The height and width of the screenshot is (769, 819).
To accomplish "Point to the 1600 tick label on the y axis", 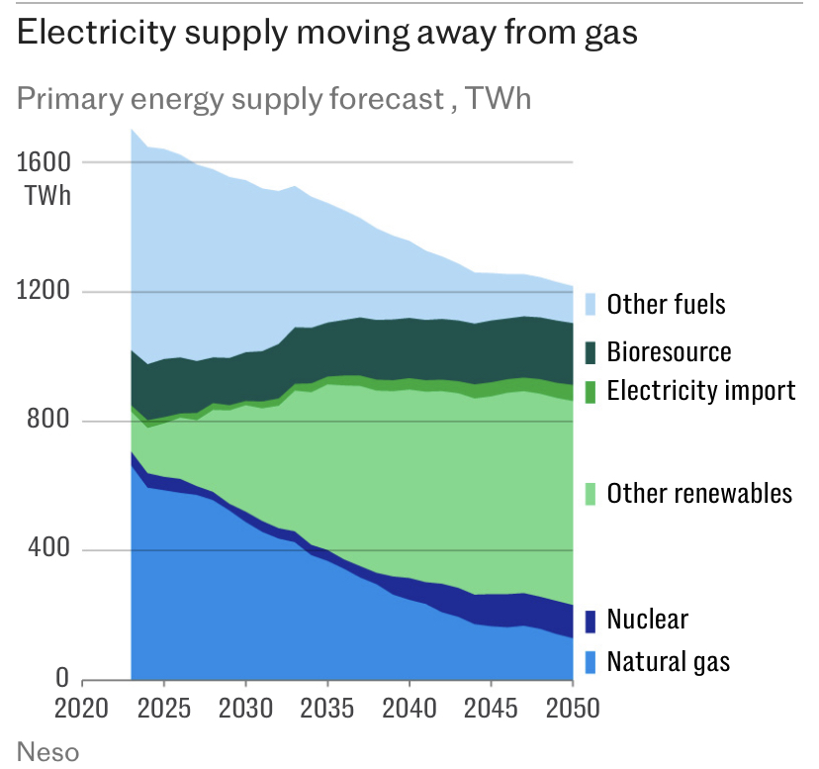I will pos(44,161).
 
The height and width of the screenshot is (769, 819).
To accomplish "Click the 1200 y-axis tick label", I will pos(44,291).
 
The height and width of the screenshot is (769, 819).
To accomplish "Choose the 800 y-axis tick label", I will pos(49,421).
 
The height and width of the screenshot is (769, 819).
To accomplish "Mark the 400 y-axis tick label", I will pos(49,549).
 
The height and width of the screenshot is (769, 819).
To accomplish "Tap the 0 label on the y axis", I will pos(61,679).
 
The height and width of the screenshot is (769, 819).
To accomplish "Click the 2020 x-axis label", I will pos(82,711).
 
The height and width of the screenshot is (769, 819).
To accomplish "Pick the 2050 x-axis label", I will pos(573,711).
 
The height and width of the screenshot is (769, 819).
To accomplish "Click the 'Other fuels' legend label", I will pos(666,304).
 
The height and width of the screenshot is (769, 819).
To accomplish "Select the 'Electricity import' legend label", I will pos(700,390).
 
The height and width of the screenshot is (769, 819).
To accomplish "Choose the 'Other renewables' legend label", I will pos(699,493).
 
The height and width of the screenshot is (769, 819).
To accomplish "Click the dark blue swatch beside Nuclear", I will pos(591,621).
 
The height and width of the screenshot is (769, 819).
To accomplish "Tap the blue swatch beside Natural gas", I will pos(591,661).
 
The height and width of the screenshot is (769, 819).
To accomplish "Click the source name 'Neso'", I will pos(47,750).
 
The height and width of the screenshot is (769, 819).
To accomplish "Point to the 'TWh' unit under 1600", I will pos(48,194).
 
